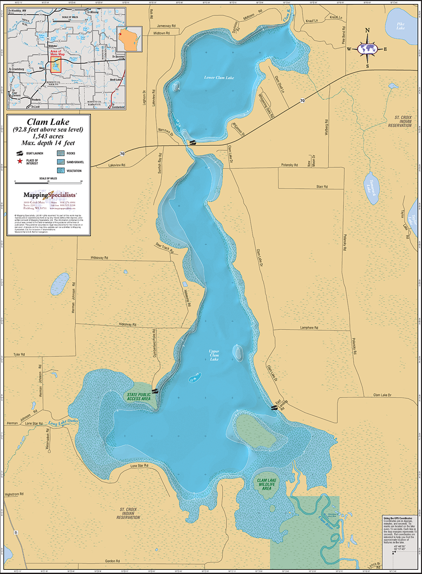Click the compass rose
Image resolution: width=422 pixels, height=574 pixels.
coord(367,49)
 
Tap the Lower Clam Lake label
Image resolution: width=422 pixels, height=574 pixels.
coord(219,78)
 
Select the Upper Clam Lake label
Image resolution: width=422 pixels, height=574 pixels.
coord(214,355)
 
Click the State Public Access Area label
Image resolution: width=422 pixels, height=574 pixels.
coord(138,397)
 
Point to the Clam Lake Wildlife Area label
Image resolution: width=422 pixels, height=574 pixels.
coord(267,484)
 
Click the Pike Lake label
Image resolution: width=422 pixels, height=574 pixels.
coord(400,26)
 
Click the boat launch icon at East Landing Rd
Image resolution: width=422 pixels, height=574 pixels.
coord(275,408)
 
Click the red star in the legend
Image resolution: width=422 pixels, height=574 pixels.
coord(19,162)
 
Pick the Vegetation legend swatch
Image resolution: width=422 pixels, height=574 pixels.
coord(60,171)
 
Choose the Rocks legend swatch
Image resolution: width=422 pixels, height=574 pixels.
coord(60,153)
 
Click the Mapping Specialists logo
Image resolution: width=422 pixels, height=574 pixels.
coord(50,195)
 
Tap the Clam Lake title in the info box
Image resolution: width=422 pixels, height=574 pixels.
coord(48,122)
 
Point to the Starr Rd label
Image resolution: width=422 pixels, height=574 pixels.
coord(322,187)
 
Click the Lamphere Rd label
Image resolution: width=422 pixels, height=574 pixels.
coord(309,328)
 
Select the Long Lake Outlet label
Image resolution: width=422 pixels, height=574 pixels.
coord(63,422)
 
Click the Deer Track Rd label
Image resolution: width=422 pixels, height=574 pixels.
coord(165,247)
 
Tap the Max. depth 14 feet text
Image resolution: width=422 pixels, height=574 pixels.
coord(48,143)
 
